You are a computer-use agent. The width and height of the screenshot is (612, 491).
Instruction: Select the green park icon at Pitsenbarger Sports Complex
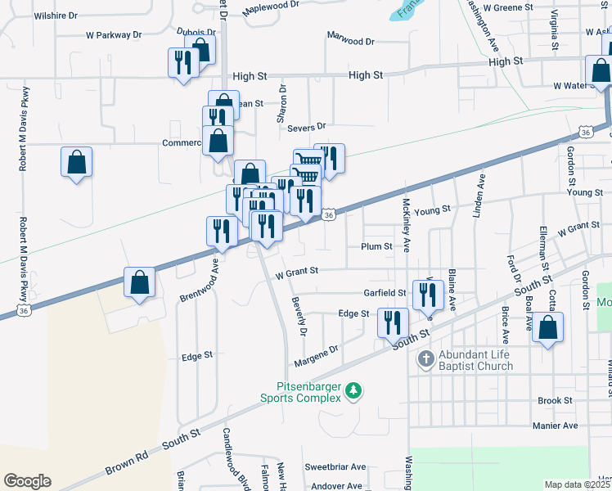pyautogui.click(x=353, y=390)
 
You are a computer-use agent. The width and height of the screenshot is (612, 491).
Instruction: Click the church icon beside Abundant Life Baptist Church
pyautogui.click(x=425, y=358)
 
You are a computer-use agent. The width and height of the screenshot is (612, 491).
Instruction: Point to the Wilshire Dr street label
pyautogui.click(x=55, y=16)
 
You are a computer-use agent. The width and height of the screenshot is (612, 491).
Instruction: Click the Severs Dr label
pyautogui.click(x=306, y=126)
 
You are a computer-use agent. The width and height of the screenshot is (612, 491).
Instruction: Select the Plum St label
pyautogui.click(x=376, y=246)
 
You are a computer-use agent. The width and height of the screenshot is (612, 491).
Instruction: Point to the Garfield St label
pyautogui.click(x=385, y=293)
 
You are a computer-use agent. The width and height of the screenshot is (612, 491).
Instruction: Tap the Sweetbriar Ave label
pyautogui.click(x=335, y=467)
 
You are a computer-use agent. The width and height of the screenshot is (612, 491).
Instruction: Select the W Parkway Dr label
pyautogui.click(x=114, y=35)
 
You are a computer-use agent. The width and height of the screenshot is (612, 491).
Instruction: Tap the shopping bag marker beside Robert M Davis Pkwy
pyautogui.click(x=76, y=162)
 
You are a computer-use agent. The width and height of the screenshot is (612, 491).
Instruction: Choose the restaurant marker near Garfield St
pyautogui.click(x=428, y=294)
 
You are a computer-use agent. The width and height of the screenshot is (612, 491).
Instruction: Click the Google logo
pyautogui.click(x=28, y=481)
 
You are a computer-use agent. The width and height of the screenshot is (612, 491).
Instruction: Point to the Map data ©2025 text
pyautogui.click(x=577, y=484)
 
